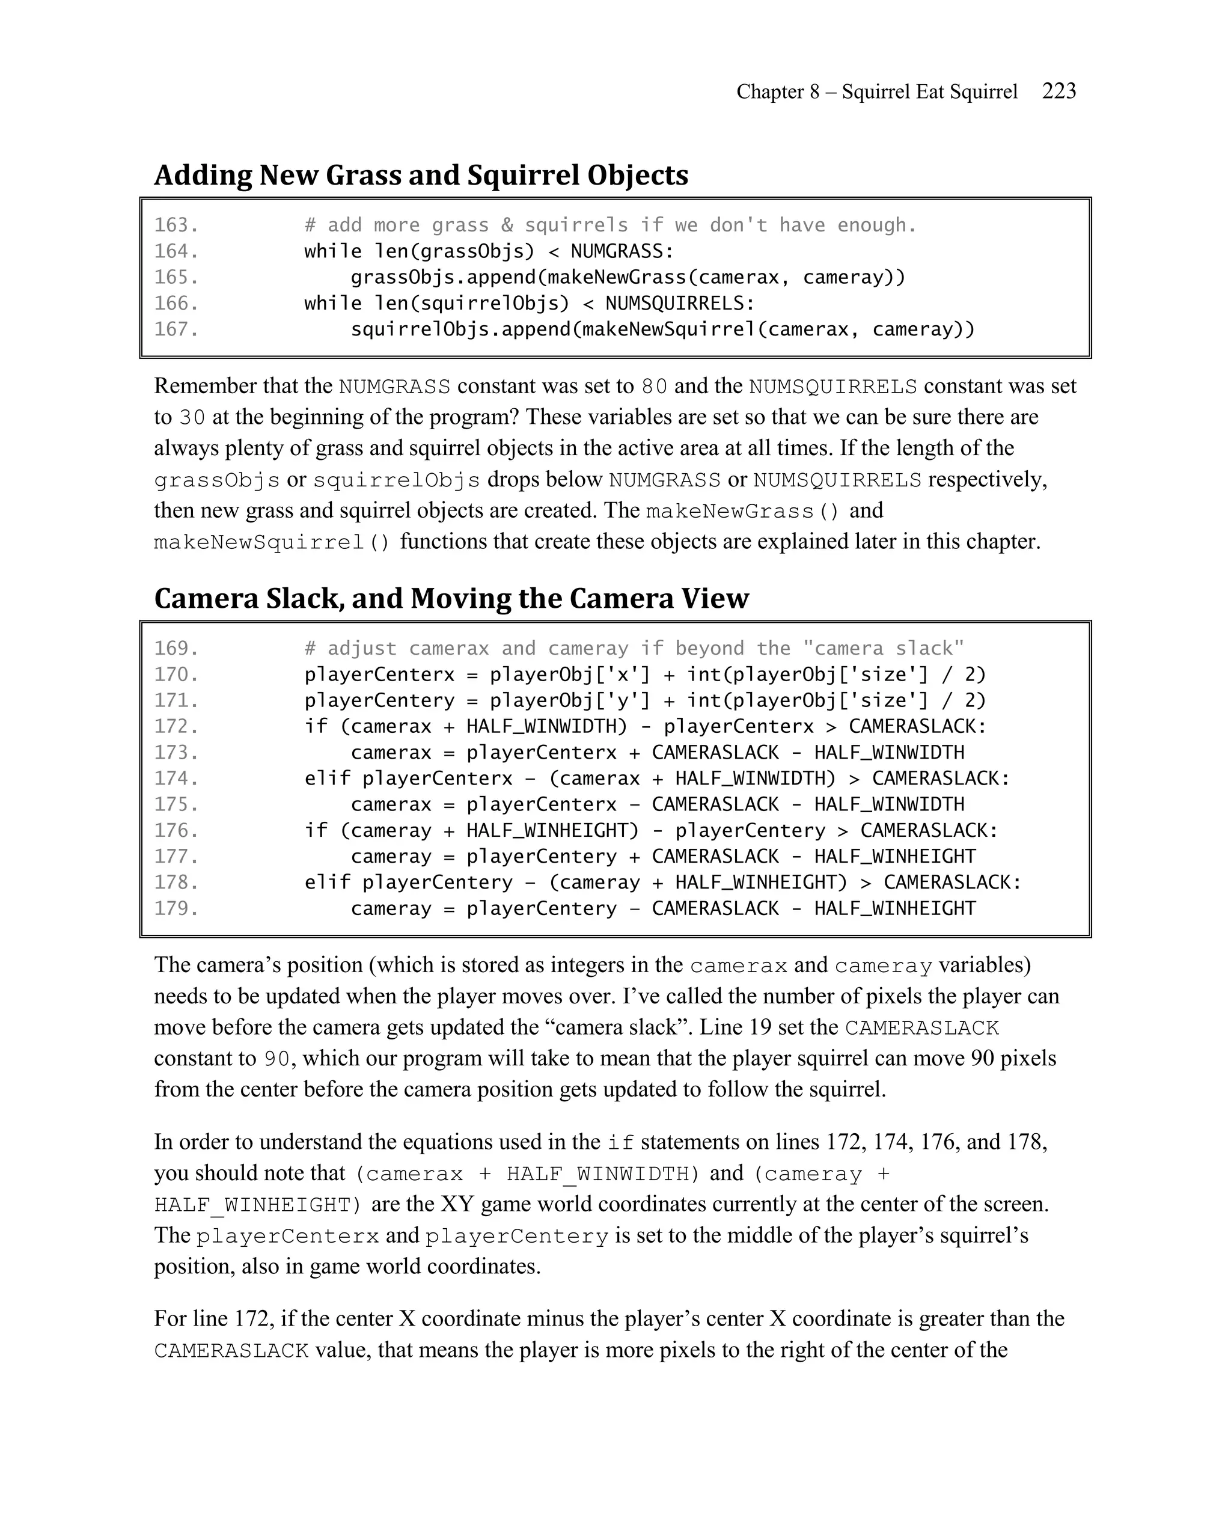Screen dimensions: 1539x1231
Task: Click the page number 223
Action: coord(1058,91)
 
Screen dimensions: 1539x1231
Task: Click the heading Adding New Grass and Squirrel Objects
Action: coord(421,175)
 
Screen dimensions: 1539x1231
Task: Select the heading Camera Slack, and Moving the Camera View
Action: coord(451,598)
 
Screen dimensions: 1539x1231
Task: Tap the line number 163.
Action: coord(176,225)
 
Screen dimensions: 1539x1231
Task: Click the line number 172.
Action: coord(176,726)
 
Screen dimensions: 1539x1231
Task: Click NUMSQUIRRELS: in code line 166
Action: coord(679,304)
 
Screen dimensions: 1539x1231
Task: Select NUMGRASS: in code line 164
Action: coord(622,251)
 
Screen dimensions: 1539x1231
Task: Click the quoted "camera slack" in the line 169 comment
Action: coord(883,648)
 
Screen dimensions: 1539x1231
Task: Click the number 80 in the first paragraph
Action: coord(654,386)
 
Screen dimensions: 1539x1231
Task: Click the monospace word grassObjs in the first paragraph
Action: coord(217,480)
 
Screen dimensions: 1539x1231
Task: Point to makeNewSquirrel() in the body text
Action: coord(272,542)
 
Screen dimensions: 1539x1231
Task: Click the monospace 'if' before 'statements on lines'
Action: coord(620,1143)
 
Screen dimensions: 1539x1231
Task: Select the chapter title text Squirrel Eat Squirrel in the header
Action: coord(929,91)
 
